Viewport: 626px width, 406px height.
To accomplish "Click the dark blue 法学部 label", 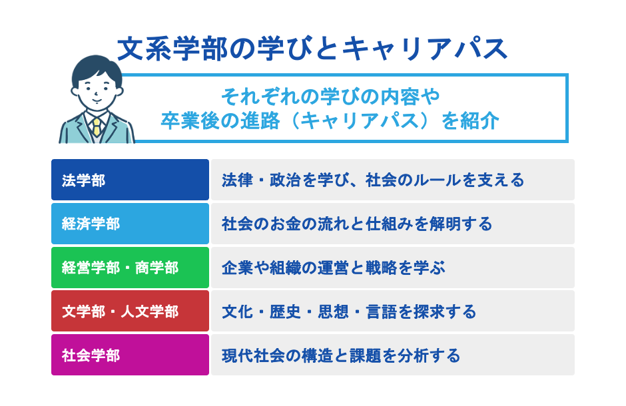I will pos(130,180).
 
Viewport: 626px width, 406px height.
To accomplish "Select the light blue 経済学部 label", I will pos(130,224).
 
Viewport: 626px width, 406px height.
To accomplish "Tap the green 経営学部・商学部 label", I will pos(130,268).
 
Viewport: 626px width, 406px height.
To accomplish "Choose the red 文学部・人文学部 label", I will pos(130,311).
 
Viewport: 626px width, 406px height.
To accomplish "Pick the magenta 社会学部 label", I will pos(130,355).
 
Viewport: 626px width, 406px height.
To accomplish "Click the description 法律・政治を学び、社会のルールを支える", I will pos(373,180).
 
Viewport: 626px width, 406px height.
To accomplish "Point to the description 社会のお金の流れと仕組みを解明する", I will pos(357,224).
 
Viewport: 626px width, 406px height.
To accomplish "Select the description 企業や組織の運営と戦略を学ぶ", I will pos(333,268).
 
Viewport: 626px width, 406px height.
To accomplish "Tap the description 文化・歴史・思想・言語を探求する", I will pos(349,311).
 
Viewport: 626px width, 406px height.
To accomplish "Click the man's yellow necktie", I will pos(97,126).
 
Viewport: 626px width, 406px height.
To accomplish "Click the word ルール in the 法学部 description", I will pos(433,180).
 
